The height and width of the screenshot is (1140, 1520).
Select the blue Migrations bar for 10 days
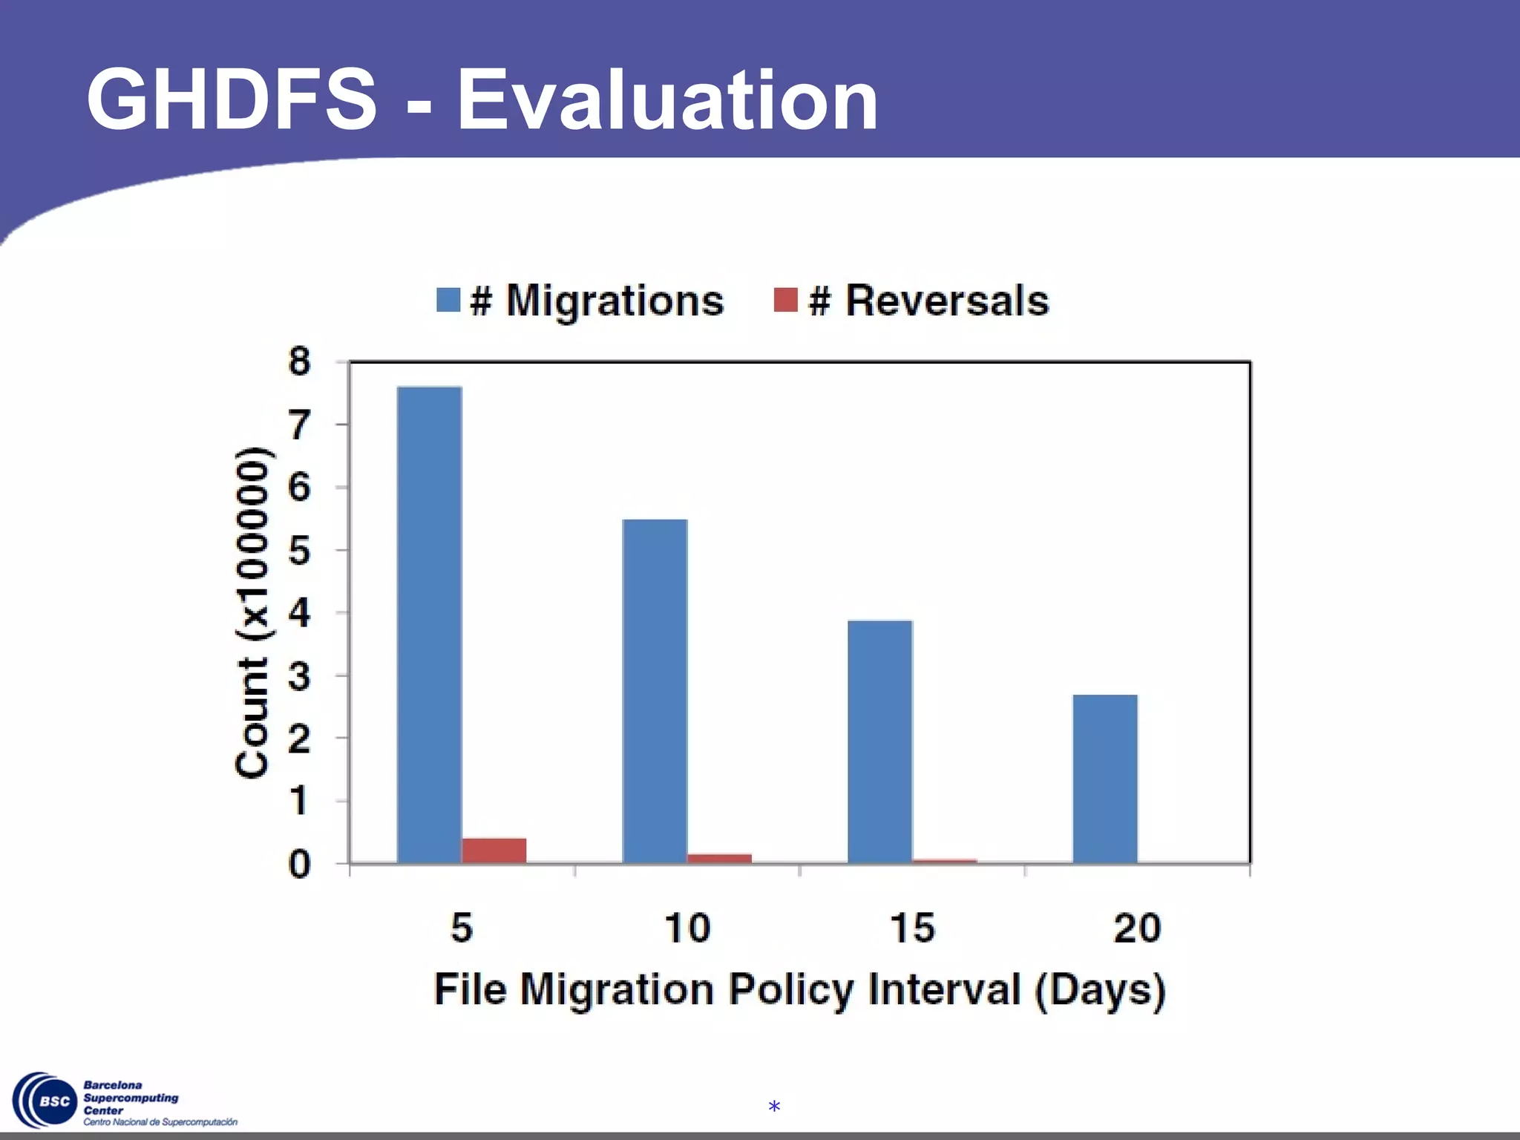coord(655,691)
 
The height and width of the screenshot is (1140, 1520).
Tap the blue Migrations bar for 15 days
coord(879,741)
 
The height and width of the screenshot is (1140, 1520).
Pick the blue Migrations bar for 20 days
coord(1104,779)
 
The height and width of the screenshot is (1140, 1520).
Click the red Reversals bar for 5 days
coord(494,851)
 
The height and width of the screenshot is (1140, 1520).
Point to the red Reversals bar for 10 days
coord(719,859)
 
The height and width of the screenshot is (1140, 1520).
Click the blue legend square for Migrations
coord(448,300)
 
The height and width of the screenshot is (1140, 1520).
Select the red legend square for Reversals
coord(785,300)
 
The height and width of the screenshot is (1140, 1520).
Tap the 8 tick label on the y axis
coord(299,362)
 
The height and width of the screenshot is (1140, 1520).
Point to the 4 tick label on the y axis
coord(299,614)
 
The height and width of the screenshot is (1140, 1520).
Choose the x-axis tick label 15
coord(912,928)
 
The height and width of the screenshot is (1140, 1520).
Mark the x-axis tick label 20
coord(1137,928)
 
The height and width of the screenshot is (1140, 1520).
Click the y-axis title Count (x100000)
coord(252,613)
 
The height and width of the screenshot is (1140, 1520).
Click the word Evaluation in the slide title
coord(667,100)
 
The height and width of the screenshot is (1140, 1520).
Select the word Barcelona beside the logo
coord(113,1085)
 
